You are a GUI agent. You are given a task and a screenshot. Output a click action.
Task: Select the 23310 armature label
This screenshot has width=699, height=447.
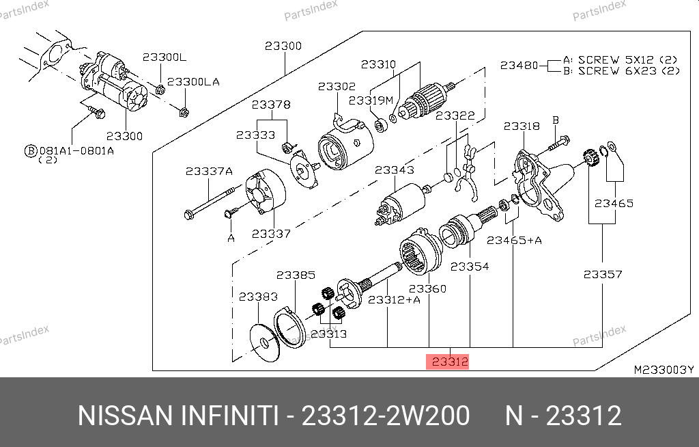(x=378, y=64)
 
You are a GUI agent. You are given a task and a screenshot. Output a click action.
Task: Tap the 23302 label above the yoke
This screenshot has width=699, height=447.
(x=337, y=86)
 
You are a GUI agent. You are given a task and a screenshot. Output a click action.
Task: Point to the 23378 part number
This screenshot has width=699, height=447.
(x=271, y=105)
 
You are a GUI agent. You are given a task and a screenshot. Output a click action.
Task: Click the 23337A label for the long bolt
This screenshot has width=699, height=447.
(x=209, y=171)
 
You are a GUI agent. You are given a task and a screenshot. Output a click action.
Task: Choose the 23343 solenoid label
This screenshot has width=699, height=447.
(x=394, y=170)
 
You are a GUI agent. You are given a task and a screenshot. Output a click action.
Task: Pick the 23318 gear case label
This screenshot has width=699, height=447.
(x=522, y=126)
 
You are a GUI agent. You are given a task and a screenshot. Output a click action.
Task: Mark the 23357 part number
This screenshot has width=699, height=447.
(x=603, y=274)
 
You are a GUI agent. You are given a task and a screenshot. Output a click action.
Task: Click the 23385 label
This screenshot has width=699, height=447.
(x=296, y=275)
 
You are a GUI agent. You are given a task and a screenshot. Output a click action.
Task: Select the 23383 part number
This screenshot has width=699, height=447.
(x=258, y=297)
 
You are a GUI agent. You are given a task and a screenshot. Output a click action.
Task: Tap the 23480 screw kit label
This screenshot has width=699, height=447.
(x=519, y=65)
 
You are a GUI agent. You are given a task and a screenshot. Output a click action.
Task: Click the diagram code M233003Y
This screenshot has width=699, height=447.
(x=664, y=370)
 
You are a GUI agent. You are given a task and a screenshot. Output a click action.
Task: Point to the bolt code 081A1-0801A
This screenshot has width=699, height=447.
(x=76, y=151)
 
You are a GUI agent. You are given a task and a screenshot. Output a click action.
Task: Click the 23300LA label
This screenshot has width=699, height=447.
(x=193, y=82)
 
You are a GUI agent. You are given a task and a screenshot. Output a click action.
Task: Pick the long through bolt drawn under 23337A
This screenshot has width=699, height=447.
(x=209, y=203)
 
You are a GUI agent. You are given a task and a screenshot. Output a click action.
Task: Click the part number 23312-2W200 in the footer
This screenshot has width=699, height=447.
(x=386, y=416)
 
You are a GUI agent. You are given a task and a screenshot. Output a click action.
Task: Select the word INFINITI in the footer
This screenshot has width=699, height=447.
(x=229, y=416)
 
